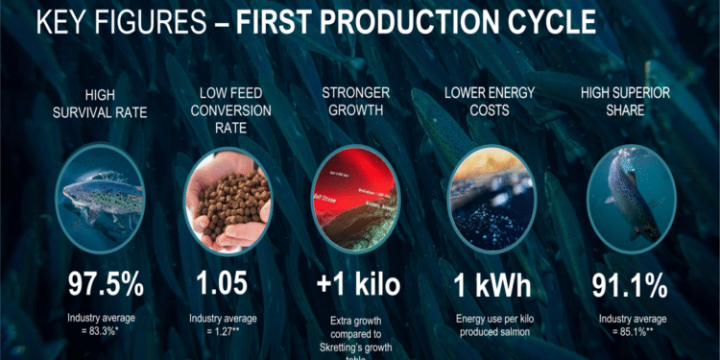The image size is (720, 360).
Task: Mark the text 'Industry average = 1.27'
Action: [222, 324]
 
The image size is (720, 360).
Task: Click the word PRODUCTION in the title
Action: [409, 19]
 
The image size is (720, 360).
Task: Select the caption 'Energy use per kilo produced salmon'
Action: [492, 324]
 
